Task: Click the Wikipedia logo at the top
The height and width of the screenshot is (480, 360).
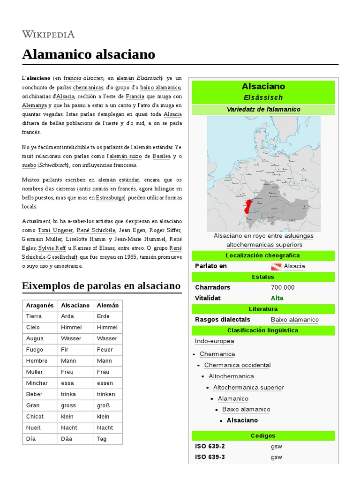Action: click(48, 34)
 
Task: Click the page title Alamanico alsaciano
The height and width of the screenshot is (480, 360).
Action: click(88, 54)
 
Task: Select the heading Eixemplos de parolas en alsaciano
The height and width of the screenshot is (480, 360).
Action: click(101, 285)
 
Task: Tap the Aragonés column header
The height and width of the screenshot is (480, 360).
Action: click(40, 305)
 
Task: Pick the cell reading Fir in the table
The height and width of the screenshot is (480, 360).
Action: click(65, 350)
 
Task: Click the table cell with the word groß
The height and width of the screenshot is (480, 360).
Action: click(103, 405)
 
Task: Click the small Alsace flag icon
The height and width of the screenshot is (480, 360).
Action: click(276, 266)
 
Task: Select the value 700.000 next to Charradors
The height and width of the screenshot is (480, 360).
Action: click(283, 287)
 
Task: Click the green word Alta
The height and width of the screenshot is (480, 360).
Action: click(277, 298)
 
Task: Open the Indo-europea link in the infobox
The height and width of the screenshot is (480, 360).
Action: click(214, 341)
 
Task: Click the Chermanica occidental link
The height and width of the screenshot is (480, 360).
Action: click(237, 365)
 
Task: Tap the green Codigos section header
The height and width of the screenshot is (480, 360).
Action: click(263, 436)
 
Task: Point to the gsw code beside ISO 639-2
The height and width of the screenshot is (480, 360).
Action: click(277, 446)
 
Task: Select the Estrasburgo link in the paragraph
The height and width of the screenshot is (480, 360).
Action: click(110, 198)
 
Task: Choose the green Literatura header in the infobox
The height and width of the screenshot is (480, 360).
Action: click(263, 309)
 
